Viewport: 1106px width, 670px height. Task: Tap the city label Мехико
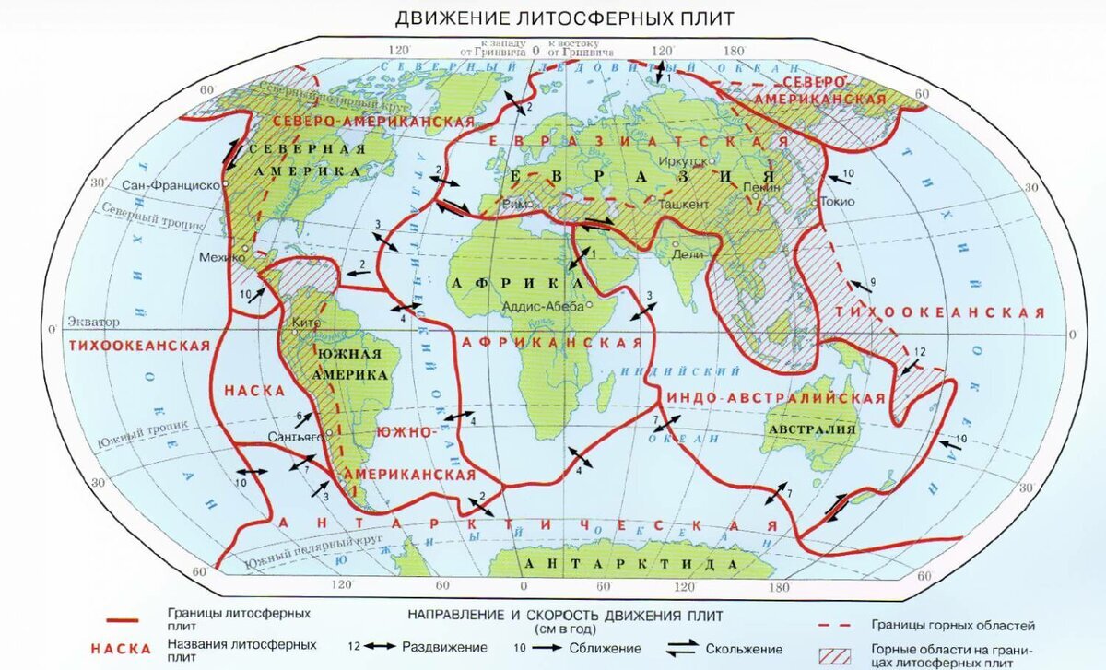click(x=218, y=258)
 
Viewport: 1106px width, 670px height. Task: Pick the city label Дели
click(x=690, y=253)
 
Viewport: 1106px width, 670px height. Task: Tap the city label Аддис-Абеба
click(x=544, y=305)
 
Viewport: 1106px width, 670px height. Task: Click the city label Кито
click(x=303, y=323)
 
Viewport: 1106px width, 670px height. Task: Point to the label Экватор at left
click(x=93, y=323)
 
